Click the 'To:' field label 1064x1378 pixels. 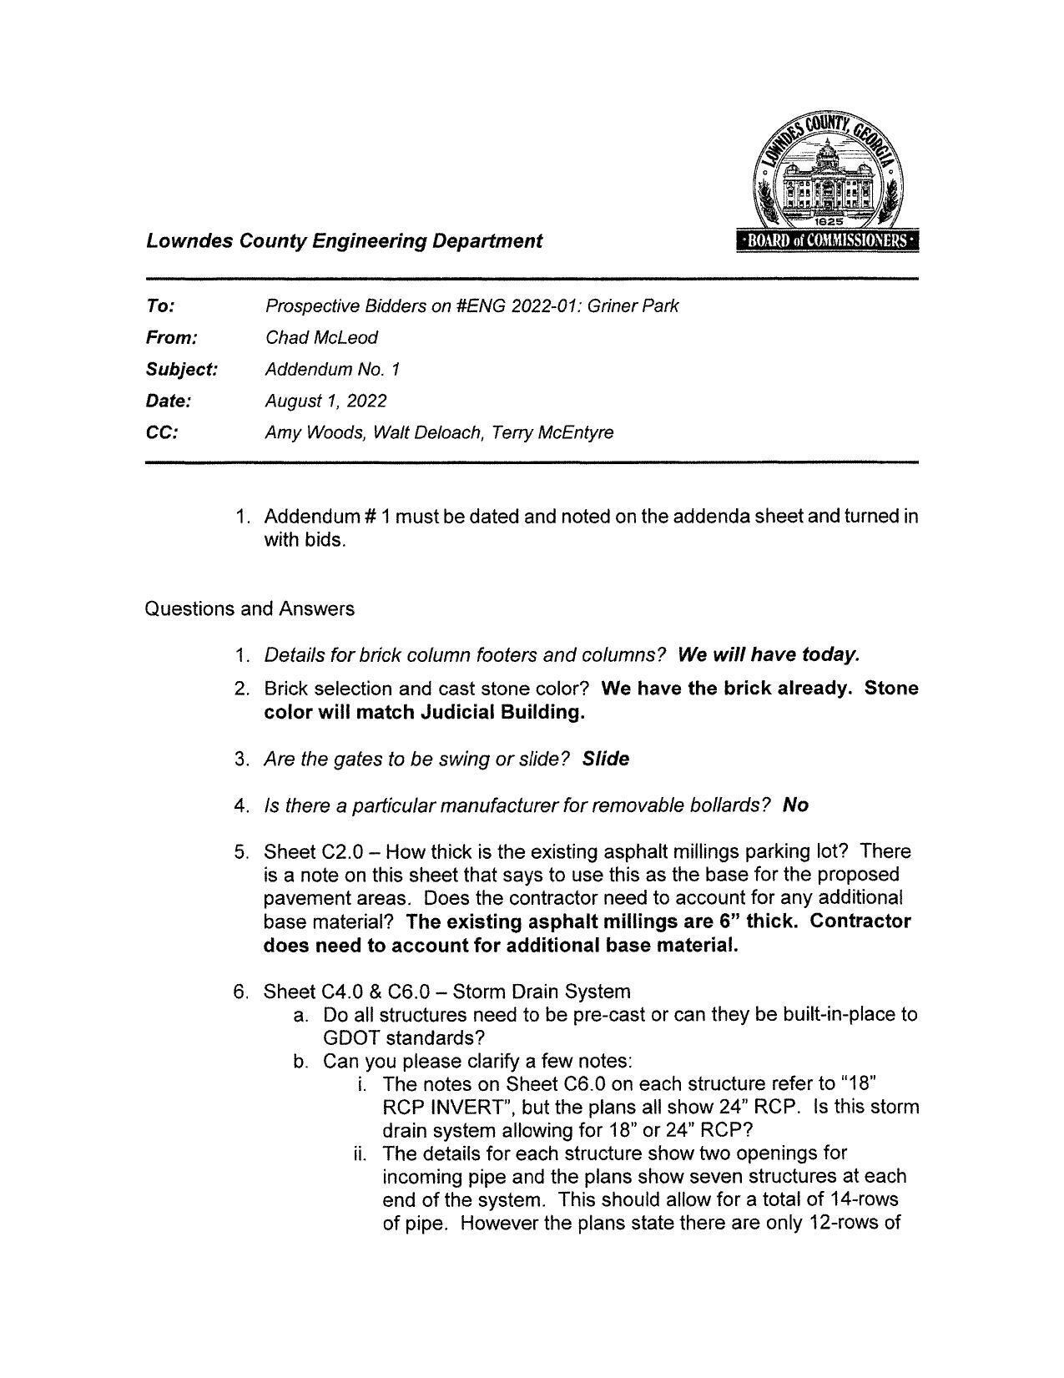pos(160,306)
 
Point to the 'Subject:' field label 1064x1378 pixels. pos(182,370)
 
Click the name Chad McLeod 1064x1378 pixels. pos(321,338)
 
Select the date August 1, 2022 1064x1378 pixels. pos(325,401)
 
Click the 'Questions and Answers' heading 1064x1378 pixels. pos(250,609)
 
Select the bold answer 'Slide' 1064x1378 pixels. pos(606,760)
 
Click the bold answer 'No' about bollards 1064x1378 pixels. pos(795,805)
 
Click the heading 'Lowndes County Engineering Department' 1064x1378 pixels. pos(344,241)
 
